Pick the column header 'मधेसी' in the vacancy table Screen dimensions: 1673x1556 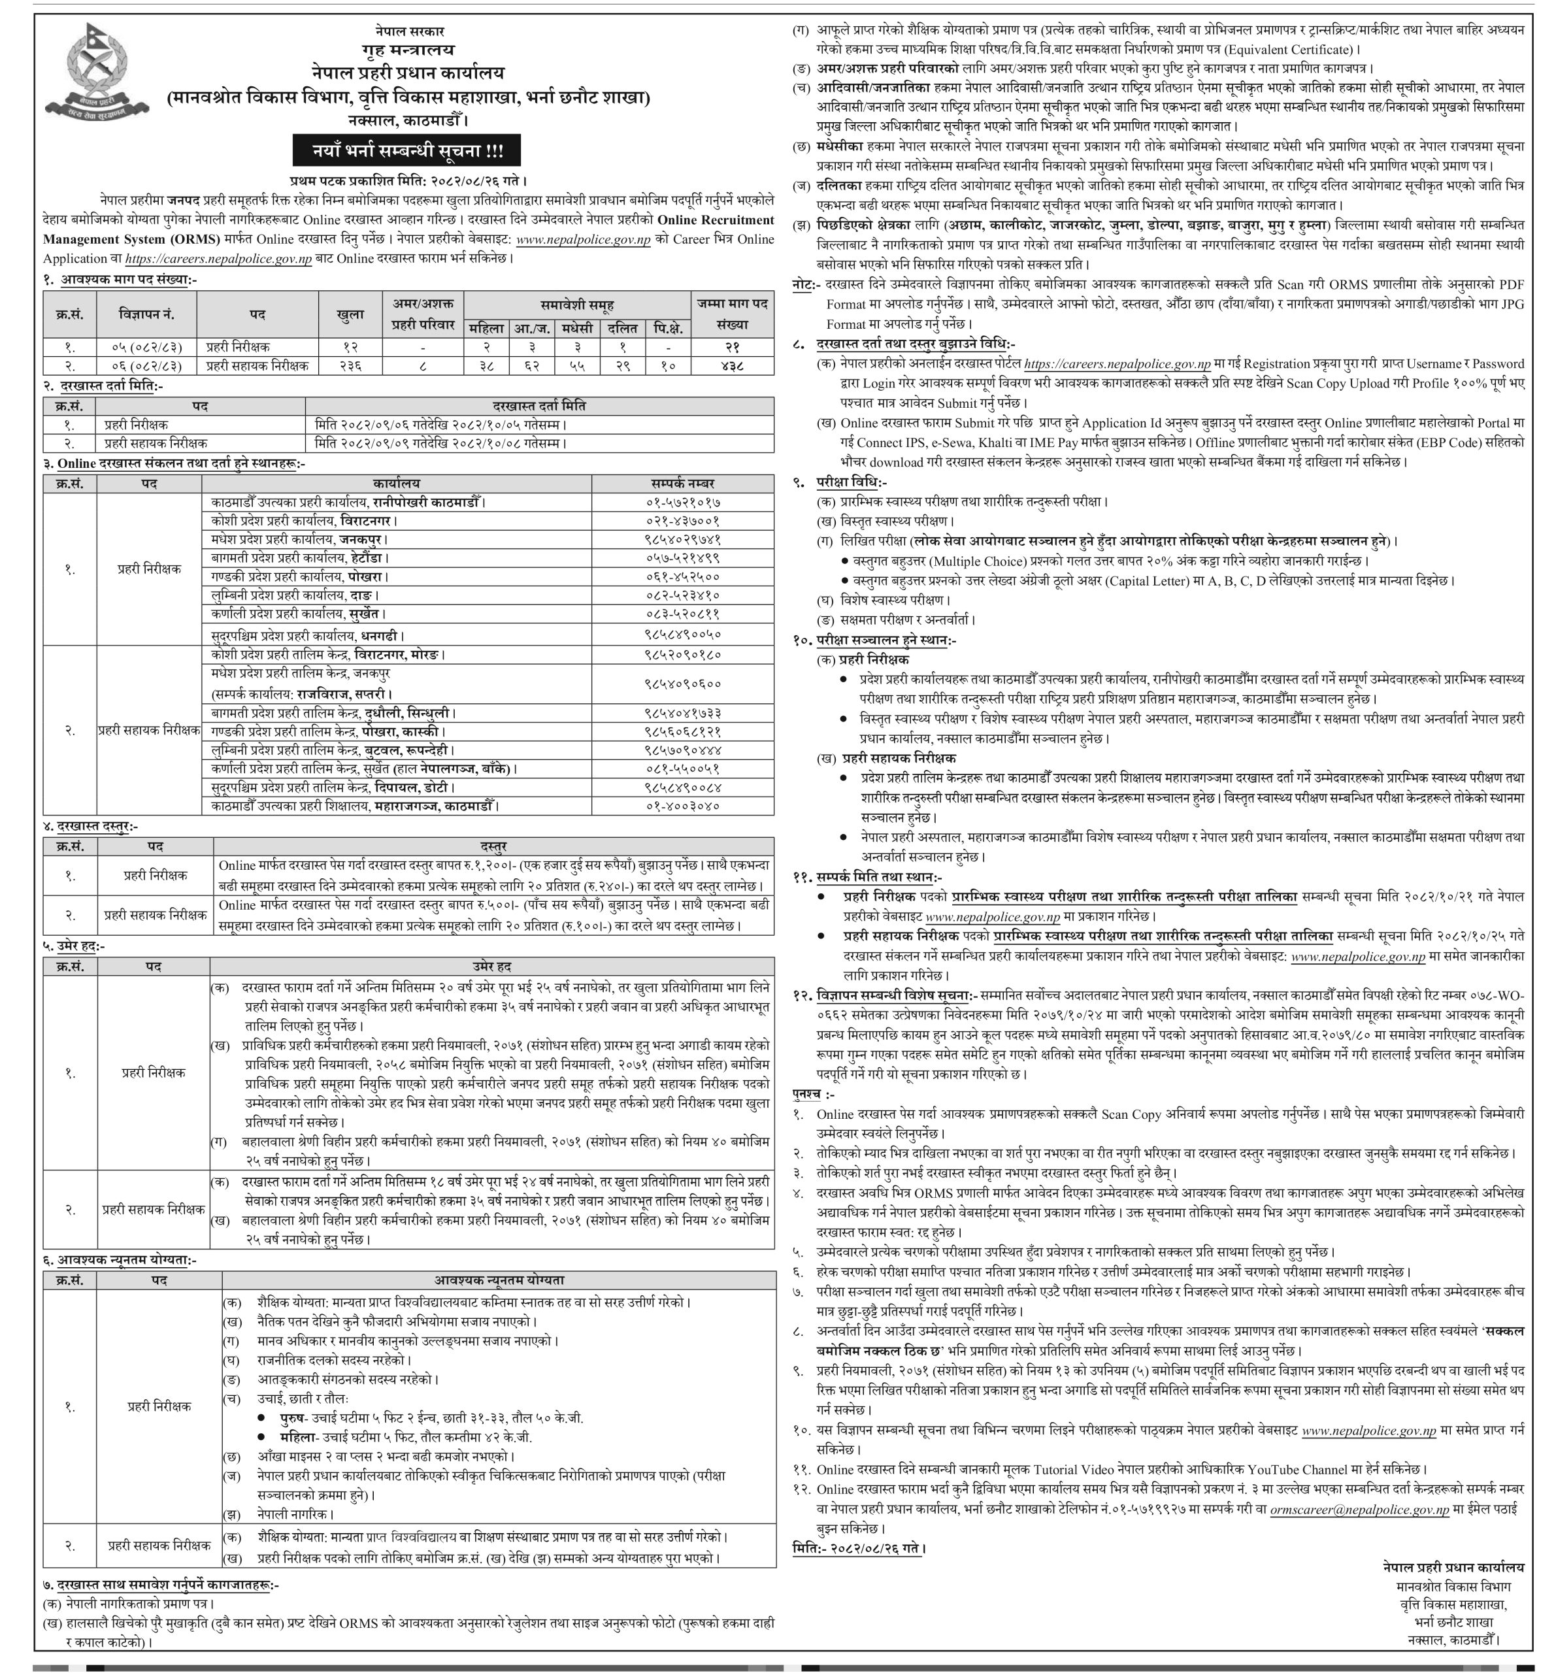pos(576,328)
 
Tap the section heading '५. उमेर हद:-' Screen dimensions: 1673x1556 pos(90,946)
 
